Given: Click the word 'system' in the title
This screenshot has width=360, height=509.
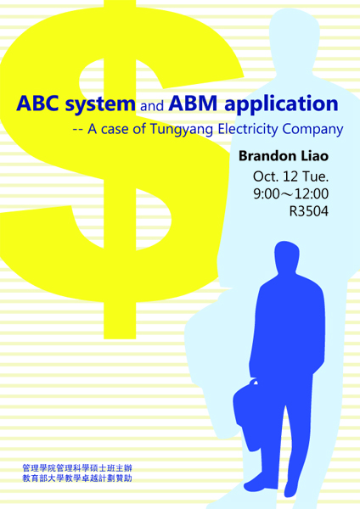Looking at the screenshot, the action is [x=100, y=105].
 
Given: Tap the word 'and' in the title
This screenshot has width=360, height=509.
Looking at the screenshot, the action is [x=152, y=106].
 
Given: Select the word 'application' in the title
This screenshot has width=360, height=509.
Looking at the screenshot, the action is [x=281, y=104].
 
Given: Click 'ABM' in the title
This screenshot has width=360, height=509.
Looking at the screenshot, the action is [x=193, y=103].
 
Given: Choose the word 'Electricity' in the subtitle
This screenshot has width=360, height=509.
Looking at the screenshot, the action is [x=248, y=129].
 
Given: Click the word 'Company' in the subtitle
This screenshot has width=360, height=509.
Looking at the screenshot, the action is [x=312, y=130].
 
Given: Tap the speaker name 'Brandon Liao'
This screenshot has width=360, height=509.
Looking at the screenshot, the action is [x=284, y=156].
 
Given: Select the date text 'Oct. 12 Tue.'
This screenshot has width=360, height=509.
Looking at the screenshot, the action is [x=290, y=176].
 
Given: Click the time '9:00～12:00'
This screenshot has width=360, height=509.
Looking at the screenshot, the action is [x=290, y=193].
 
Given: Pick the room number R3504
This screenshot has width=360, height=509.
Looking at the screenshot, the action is [x=309, y=211].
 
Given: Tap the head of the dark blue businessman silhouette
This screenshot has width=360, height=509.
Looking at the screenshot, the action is [x=287, y=257].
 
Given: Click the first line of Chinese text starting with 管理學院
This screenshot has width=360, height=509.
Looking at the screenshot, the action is [x=77, y=468].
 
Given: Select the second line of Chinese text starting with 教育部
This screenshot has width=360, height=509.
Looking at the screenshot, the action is [x=77, y=478].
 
